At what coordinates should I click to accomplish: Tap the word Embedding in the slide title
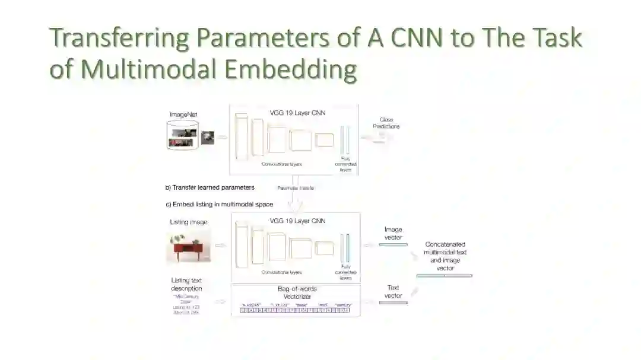pyautogui.click(x=291, y=69)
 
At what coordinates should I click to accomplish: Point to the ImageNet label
pyautogui.click(x=183, y=114)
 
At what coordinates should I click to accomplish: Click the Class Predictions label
pyautogui.click(x=386, y=123)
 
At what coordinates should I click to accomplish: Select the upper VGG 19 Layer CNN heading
pyautogui.click(x=297, y=113)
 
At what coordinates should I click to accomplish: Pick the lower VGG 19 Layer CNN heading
pyautogui.click(x=297, y=221)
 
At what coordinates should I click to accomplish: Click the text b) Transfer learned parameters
pyautogui.click(x=210, y=187)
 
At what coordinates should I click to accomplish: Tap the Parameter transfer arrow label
pyautogui.click(x=296, y=188)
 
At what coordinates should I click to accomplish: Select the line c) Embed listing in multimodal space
pyautogui.click(x=219, y=205)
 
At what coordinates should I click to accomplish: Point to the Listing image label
pyautogui.click(x=189, y=222)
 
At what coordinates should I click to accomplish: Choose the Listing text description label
pyautogui.click(x=186, y=284)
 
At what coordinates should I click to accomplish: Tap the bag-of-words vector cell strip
pyautogui.click(x=295, y=310)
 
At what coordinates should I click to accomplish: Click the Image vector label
pyautogui.click(x=393, y=233)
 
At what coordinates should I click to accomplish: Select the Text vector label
pyautogui.click(x=393, y=292)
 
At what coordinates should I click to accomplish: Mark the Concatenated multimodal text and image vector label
pyautogui.click(x=445, y=256)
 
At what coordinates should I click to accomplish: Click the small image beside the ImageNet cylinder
pyautogui.click(x=208, y=138)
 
